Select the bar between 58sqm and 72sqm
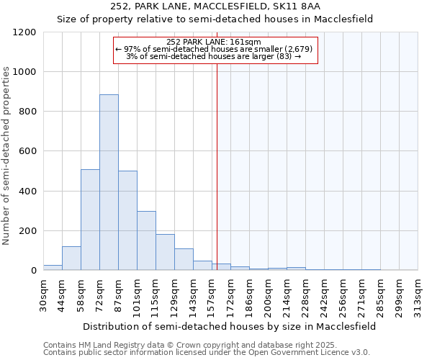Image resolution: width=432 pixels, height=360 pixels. [x=90, y=220]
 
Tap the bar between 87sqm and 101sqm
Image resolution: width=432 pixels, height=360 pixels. [x=127, y=220]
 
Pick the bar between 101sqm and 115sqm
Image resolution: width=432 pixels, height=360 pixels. [x=146, y=240]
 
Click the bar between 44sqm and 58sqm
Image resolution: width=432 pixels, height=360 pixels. [x=71, y=258]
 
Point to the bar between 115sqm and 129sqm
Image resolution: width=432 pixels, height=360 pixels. [x=165, y=252]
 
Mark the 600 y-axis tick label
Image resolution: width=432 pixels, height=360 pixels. [x=27, y=151]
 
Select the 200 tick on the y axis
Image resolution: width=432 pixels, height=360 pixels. [x=27, y=231]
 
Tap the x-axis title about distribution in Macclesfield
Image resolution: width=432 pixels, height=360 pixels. [x=230, y=326]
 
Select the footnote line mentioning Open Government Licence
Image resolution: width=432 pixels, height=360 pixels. [x=207, y=353]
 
